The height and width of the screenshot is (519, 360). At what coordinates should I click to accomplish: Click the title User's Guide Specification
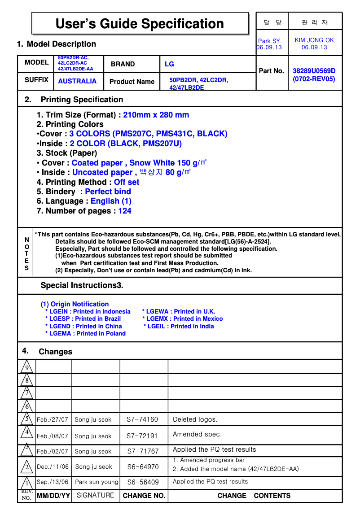(x=140, y=24)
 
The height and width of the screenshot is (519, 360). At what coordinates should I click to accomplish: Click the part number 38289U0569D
(x=314, y=71)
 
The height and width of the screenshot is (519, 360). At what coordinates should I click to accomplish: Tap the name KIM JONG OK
(x=314, y=40)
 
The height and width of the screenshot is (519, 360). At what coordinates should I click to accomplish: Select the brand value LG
(x=169, y=64)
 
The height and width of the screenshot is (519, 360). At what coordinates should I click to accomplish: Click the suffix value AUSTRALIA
(x=77, y=81)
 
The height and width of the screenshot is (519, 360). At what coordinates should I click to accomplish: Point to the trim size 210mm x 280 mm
(x=156, y=115)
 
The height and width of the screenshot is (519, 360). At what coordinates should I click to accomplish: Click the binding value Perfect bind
(x=108, y=192)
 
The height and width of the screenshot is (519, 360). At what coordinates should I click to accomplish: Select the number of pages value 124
(x=124, y=211)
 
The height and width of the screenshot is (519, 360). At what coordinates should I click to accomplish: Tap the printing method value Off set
(x=126, y=182)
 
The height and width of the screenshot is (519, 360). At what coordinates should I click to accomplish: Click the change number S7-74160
(x=142, y=419)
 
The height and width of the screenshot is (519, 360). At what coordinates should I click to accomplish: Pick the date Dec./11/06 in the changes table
(x=53, y=467)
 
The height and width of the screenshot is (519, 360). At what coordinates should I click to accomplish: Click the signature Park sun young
(x=97, y=482)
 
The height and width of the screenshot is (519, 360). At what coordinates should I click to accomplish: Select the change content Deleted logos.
(x=195, y=419)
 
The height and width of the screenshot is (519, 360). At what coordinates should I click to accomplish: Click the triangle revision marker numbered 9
(x=26, y=367)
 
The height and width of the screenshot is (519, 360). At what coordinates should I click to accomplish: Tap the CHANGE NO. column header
(x=144, y=496)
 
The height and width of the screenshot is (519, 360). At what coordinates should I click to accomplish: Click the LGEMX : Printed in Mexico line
(x=182, y=319)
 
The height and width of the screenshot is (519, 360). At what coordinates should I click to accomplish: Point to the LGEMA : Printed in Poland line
(x=85, y=334)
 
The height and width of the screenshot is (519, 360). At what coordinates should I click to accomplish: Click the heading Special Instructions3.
(x=82, y=285)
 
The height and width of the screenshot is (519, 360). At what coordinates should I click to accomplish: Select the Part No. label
(x=272, y=71)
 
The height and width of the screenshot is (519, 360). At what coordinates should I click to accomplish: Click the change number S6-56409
(x=143, y=482)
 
